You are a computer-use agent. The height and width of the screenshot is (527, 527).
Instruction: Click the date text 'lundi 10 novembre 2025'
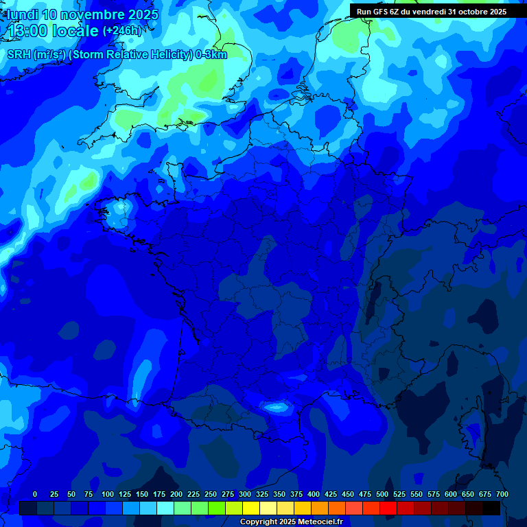tap(82, 14)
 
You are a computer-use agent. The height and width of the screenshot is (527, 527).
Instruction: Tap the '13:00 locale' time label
tap(54, 30)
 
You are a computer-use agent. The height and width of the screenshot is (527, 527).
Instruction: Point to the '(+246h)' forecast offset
tap(121, 30)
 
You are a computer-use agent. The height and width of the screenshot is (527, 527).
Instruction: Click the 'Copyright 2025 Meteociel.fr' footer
tap(291, 522)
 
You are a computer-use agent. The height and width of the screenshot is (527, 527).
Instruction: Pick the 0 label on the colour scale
tap(35, 494)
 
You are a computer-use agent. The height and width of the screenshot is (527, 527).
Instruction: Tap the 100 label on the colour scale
tap(108, 494)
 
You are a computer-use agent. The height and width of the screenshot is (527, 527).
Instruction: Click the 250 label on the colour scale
tap(211, 494)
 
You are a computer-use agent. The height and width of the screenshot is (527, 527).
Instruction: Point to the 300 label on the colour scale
tap(245, 494)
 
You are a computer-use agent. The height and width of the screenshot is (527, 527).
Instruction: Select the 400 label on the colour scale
tap(314, 494)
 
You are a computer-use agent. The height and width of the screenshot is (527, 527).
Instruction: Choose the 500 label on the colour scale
tap(382, 494)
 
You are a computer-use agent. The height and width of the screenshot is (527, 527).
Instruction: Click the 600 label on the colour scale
tap(451, 494)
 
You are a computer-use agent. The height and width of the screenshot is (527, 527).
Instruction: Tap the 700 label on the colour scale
tap(502, 494)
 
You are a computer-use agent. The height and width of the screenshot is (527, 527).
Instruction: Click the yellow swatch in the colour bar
tap(251, 508)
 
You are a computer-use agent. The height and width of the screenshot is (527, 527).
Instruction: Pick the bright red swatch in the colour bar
tap(388, 508)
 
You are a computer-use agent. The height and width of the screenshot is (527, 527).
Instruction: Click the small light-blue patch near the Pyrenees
tap(277, 407)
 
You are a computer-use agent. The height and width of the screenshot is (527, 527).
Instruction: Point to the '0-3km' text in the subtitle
tap(211, 55)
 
